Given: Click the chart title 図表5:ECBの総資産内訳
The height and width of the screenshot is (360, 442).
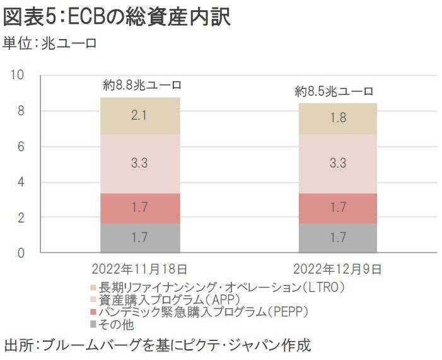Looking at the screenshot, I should tap(117, 17).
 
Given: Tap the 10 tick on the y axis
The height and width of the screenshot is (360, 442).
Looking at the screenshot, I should tap(18, 76).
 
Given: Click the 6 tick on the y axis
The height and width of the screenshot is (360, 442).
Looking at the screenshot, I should tap(20, 147).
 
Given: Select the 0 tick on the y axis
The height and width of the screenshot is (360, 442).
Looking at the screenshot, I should tap(20, 253).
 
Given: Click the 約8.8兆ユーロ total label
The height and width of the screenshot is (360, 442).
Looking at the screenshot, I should tap(142, 84).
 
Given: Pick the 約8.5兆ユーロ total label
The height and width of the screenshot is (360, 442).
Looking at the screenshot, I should tap(334, 91).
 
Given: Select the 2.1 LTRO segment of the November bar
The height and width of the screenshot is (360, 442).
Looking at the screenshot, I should tap(140, 115).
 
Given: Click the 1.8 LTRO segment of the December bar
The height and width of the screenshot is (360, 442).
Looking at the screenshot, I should tap(337, 118).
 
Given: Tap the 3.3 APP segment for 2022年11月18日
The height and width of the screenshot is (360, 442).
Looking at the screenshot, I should tap(140, 163).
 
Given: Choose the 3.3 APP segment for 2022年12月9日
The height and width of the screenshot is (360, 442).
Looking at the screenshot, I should tap(337, 163).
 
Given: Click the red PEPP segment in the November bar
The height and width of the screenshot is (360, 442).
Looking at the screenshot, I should tap(140, 208).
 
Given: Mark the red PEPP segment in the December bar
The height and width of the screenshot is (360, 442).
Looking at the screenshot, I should tap(337, 208).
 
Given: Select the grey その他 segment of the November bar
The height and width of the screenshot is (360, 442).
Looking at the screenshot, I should tap(140, 238).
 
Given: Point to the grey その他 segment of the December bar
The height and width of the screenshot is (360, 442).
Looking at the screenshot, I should tap(337, 238).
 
